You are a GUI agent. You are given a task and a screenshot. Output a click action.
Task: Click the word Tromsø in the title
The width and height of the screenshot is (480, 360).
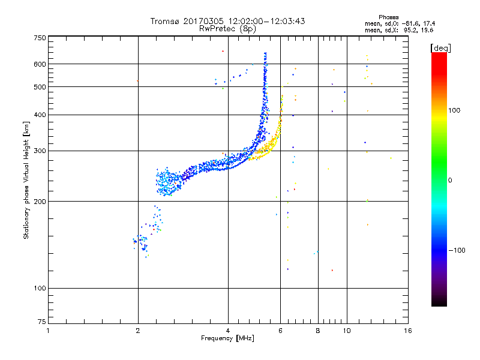tap(165, 21)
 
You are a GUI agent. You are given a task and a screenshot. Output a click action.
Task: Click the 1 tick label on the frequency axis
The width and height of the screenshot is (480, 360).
tap(48, 331)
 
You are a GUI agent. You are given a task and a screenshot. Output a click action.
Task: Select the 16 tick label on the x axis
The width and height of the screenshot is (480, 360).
tap(408, 331)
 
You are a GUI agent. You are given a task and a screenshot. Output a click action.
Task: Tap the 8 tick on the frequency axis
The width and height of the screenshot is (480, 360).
tap(318, 331)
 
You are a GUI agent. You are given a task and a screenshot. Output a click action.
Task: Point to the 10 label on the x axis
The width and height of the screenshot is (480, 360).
tap(346, 331)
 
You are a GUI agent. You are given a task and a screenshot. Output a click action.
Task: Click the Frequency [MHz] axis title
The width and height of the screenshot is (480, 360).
tap(227, 339)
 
